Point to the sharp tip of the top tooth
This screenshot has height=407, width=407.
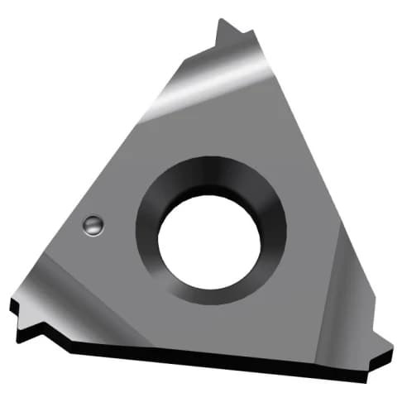[221, 21]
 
